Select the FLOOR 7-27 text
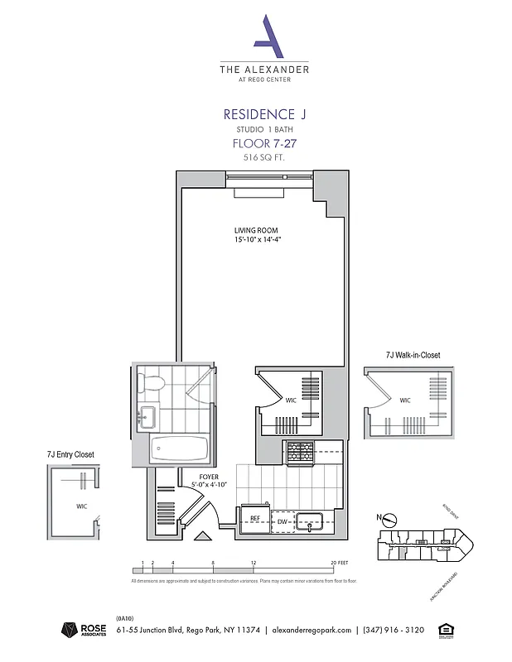pos(264,143)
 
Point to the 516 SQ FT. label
pos(264,156)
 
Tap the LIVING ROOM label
pos(255,230)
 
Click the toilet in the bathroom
pos(151,381)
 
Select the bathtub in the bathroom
pos(179,449)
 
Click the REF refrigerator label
pos(255,519)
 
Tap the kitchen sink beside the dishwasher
pos(312,520)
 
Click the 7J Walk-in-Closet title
pos(413,355)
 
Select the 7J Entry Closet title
pos(70,454)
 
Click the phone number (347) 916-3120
pos(393,630)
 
